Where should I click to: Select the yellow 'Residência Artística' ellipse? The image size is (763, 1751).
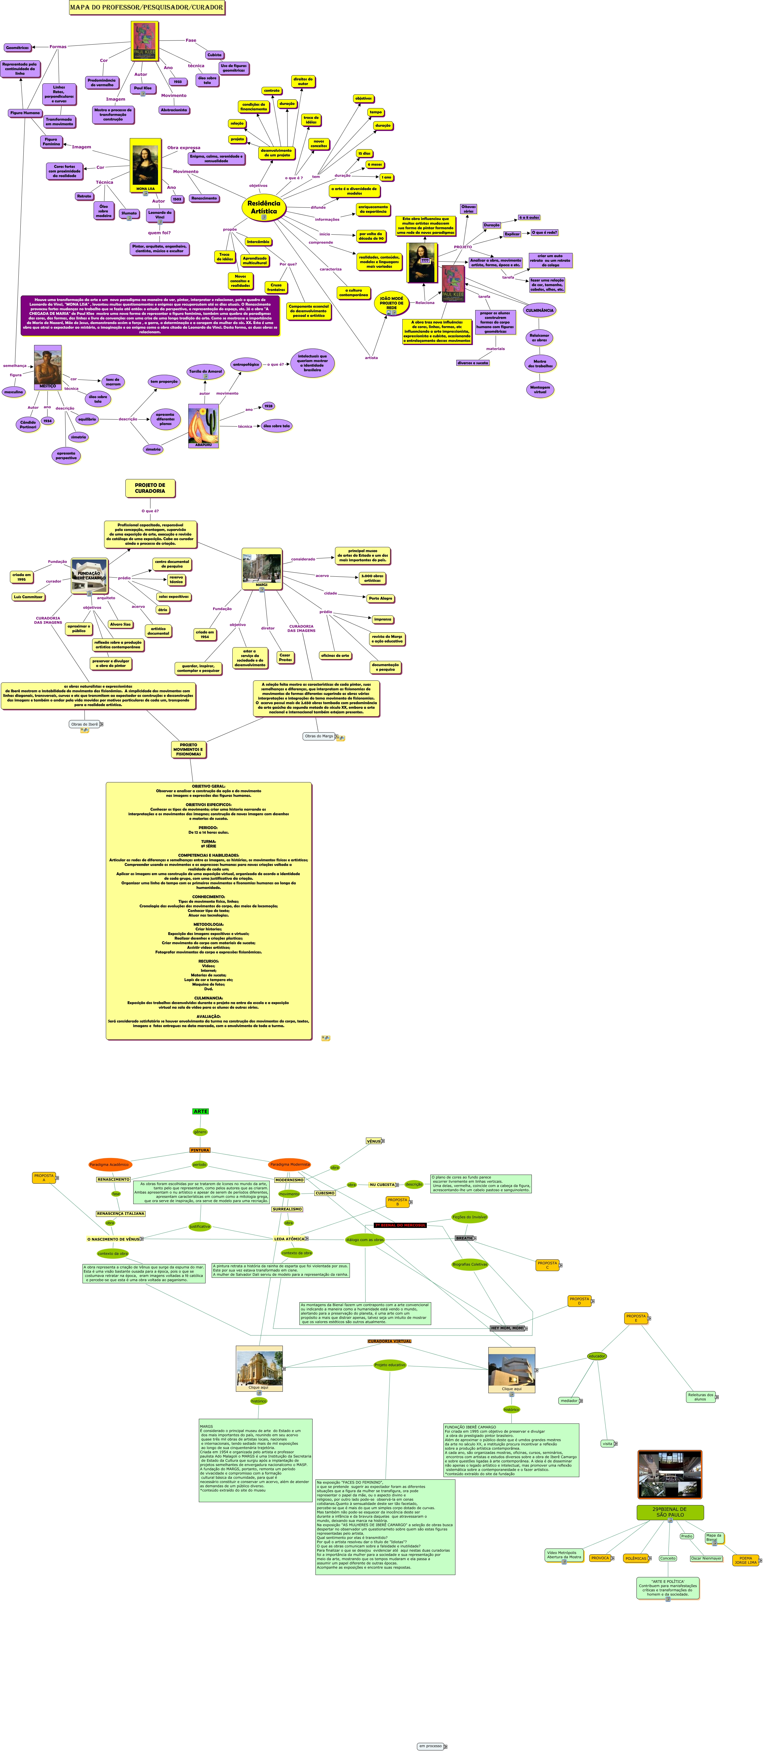(x=264, y=207)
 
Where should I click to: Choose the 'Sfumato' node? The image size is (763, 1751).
(x=129, y=213)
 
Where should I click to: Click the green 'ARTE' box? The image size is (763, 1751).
(x=201, y=1111)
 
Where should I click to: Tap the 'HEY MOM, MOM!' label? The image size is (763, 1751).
(x=507, y=1328)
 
